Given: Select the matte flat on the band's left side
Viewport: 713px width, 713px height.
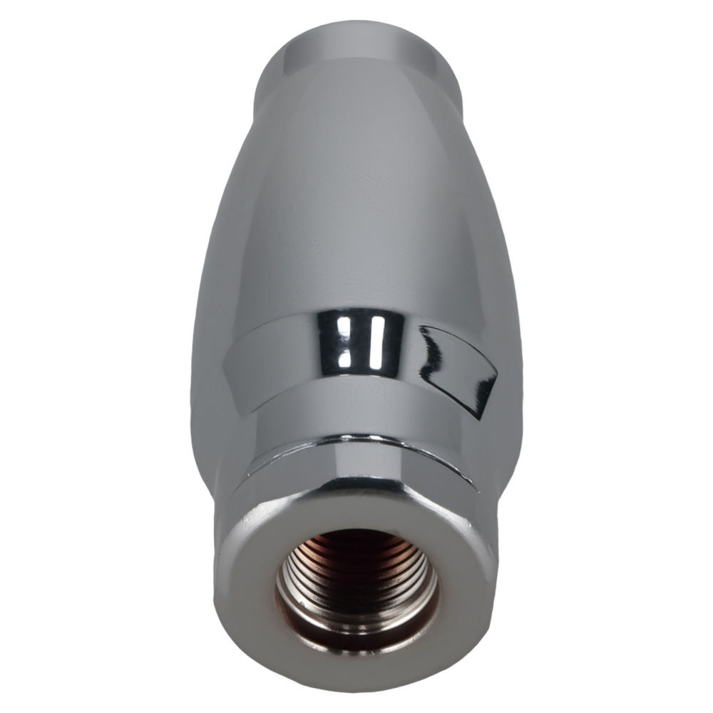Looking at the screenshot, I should coord(264,364).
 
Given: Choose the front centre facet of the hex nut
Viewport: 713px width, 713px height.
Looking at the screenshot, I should coord(356,471).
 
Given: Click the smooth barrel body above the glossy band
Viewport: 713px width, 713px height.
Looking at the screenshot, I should coord(356,214).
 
